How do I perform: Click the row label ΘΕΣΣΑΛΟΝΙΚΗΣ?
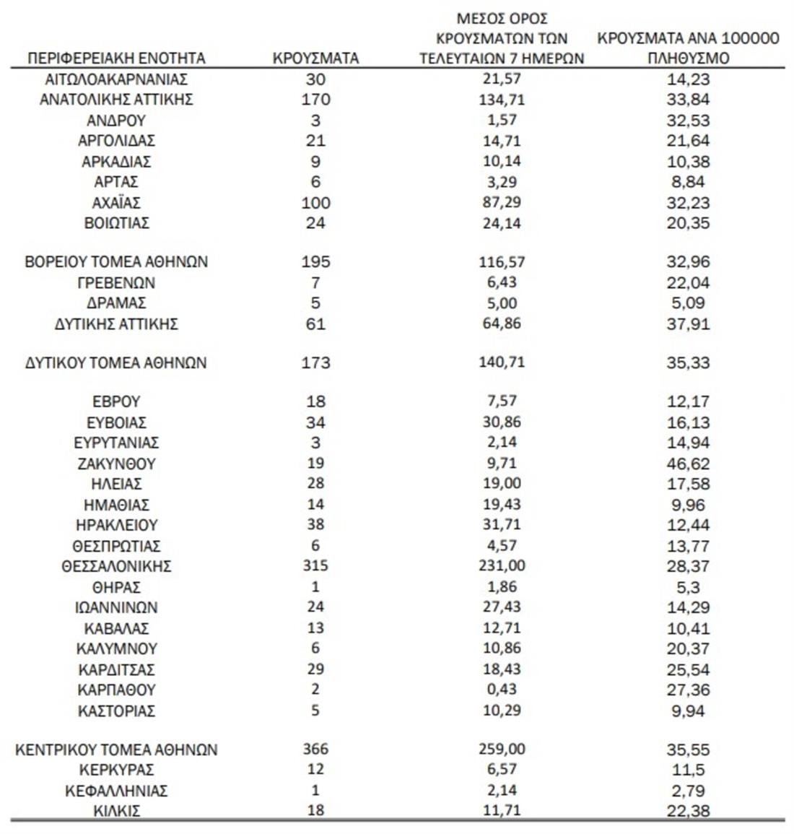tap(116, 566)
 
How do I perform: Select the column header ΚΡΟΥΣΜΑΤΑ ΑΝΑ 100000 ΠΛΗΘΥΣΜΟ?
tap(688, 48)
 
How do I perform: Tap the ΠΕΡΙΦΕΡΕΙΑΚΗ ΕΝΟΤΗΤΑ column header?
tap(116, 58)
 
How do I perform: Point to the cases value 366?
tap(315, 750)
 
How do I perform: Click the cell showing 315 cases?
tap(315, 566)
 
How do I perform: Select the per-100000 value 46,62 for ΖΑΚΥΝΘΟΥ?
tap(688, 464)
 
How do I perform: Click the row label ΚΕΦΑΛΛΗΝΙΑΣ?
tap(116, 791)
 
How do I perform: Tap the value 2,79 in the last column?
tap(688, 791)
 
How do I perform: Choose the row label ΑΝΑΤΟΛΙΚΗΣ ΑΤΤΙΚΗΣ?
tap(116, 100)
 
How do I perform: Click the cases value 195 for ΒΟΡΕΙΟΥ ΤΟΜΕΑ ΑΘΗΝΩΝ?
tap(315, 261)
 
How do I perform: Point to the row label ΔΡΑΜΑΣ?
tap(116, 303)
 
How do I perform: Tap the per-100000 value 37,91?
tap(688, 324)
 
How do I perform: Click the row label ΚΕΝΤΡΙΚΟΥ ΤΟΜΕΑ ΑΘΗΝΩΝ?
tap(116, 750)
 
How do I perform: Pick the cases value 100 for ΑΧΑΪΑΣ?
tap(315, 203)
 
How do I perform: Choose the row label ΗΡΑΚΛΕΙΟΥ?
tap(116, 525)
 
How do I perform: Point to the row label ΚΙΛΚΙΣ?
tap(116, 811)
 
